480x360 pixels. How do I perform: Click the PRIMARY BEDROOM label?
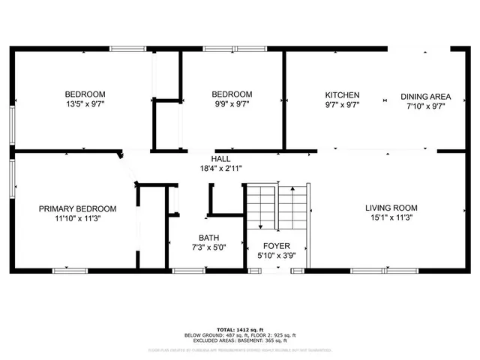tap(78, 208)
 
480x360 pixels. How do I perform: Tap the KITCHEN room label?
tap(342, 95)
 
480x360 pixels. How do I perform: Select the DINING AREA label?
tap(425, 96)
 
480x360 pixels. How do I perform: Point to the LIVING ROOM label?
tap(391, 208)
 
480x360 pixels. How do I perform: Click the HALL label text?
tap(220, 159)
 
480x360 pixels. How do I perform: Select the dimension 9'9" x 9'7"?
tap(231, 104)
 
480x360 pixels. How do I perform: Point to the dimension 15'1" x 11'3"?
tap(391, 217)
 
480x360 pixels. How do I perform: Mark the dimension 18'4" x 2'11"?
tap(220, 169)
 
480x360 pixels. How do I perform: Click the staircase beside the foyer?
tap(277, 208)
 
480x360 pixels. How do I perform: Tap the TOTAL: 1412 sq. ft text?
tap(239, 330)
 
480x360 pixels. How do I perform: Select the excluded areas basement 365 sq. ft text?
tap(239, 341)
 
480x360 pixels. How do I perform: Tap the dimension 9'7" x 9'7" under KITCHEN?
tap(342, 105)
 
